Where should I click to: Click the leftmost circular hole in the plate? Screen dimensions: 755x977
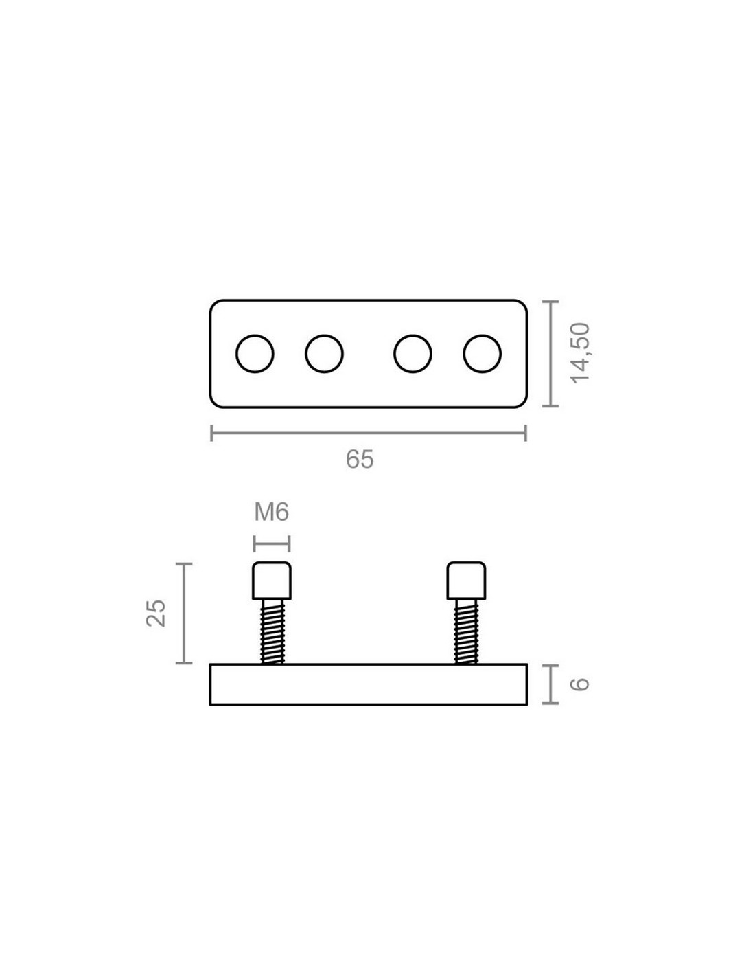[255, 354]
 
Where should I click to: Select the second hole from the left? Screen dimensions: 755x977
[324, 354]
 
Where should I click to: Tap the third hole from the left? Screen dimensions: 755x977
[413, 354]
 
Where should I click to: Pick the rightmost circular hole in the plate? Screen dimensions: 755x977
[483, 354]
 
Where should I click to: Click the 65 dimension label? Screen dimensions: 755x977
[359, 460]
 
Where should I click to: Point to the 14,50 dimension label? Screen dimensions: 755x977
[580, 353]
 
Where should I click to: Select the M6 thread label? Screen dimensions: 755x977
[271, 512]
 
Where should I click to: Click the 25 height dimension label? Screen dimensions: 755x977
[156, 613]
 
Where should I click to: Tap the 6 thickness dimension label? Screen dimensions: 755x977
[580, 684]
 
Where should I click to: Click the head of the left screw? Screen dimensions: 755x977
[272, 581]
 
